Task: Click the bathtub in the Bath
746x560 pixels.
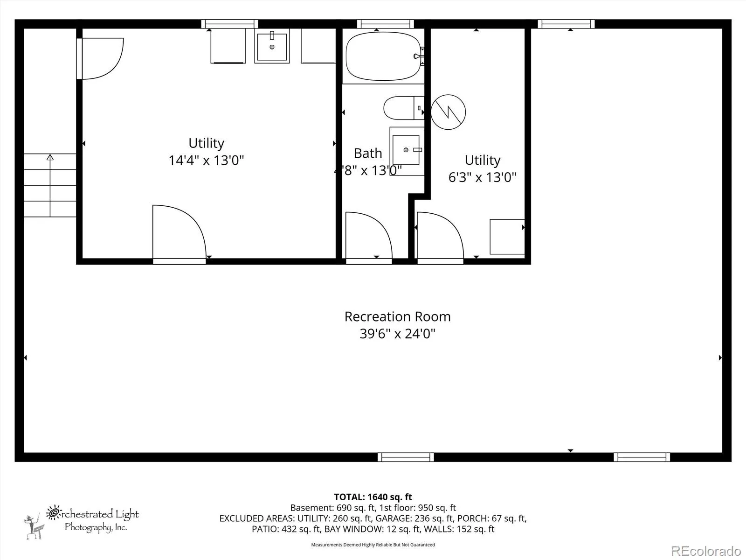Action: tap(383, 56)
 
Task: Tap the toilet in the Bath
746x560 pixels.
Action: tap(404, 108)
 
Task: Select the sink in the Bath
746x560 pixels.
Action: tap(407, 151)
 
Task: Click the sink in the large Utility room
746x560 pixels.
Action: tap(272, 46)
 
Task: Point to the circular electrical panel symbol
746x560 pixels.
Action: tap(448, 112)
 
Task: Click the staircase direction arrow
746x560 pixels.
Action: tap(50, 186)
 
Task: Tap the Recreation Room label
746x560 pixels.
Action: tap(397, 316)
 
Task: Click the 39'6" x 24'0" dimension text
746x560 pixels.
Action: tap(397, 334)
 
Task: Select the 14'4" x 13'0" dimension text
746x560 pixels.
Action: tap(206, 160)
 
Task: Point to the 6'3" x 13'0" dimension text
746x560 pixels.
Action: tap(482, 177)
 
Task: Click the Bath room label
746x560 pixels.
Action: tap(368, 154)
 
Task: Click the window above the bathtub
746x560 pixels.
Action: tap(386, 24)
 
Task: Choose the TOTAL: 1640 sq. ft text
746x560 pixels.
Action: tap(373, 497)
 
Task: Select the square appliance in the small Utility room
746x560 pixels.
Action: tap(507, 237)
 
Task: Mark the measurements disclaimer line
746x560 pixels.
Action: tap(373, 545)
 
